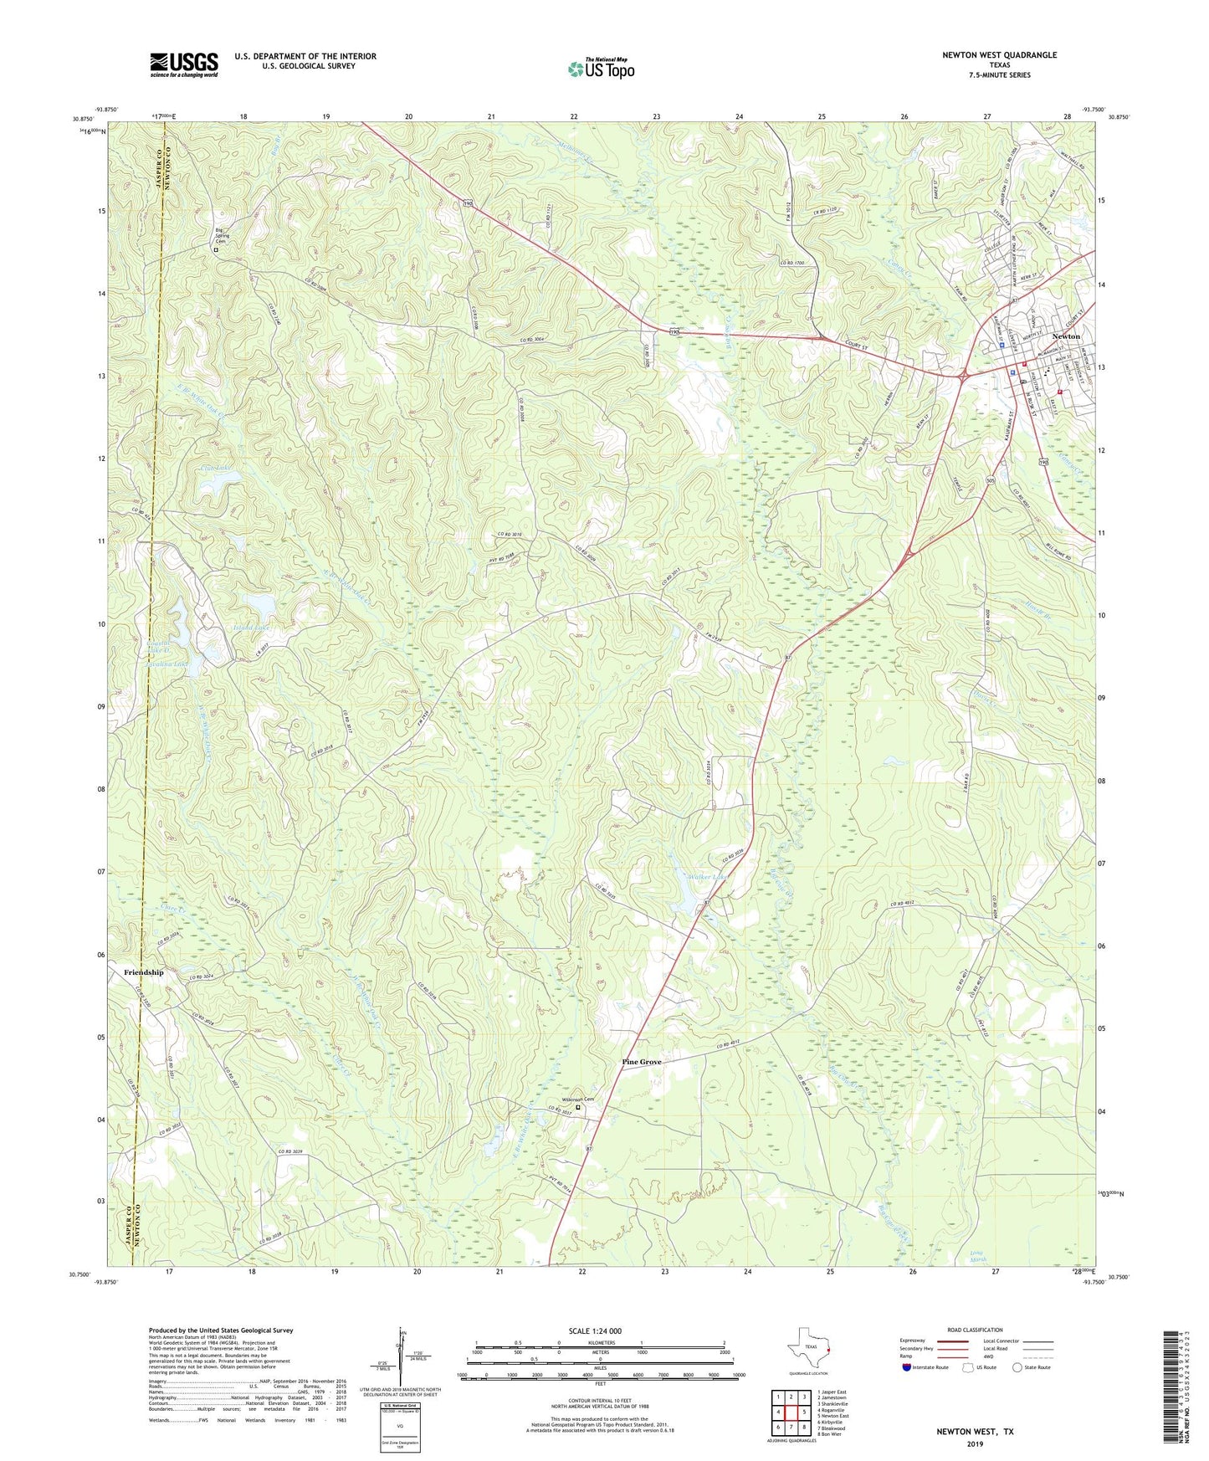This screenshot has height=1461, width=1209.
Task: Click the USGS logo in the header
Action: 183,64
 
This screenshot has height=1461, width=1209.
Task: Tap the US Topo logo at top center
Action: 601,68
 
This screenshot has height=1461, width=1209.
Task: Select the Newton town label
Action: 1065,336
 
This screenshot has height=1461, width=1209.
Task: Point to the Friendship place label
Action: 144,972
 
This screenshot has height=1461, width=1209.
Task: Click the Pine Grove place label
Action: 641,1062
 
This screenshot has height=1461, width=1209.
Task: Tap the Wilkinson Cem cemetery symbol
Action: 578,1108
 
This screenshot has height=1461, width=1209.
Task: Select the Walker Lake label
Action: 706,877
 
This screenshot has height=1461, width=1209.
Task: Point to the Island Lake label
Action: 251,627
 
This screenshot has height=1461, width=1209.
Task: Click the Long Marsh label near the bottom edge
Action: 979,1258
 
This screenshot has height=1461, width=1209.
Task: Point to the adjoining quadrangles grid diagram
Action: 790,1412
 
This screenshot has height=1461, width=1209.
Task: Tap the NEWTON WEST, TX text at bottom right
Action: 975,1432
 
